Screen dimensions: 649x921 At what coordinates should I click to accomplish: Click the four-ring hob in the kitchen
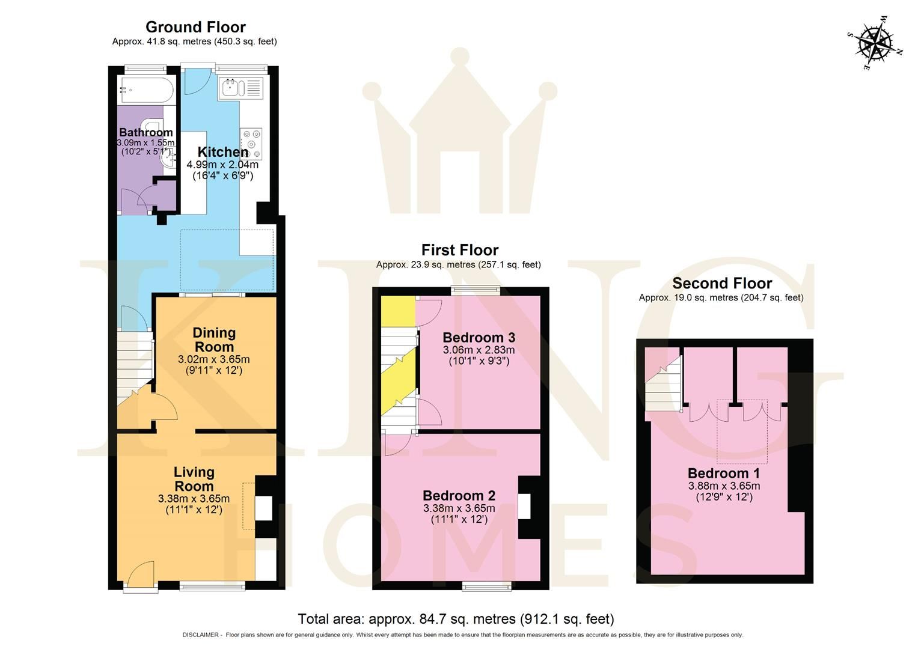point(251,143)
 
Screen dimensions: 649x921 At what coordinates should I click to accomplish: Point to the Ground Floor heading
point(195,27)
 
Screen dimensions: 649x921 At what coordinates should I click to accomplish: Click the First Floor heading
point(459,250)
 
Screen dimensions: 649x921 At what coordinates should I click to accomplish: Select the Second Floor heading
point(721,283)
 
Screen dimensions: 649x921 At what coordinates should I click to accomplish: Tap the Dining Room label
point(214,340)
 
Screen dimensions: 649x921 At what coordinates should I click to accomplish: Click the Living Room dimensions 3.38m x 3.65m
point(194,499)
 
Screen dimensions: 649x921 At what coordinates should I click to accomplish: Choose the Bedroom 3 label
point(479,337)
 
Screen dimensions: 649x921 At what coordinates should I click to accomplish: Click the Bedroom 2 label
point(459,496)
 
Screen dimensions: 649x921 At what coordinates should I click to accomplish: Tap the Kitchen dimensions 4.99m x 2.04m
point(222,165)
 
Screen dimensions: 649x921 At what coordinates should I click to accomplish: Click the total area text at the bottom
point(456,619)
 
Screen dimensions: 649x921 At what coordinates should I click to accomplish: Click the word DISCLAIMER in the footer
point(201,635)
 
